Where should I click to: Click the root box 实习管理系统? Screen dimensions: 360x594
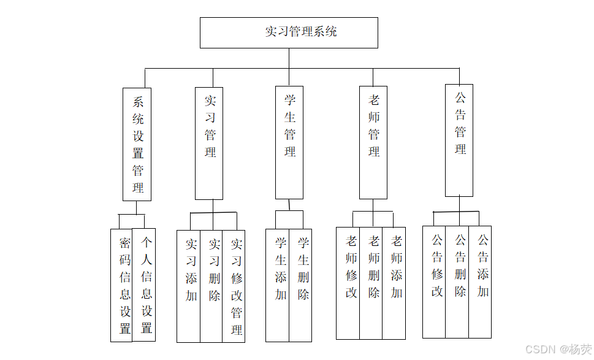click(x=289, y=33)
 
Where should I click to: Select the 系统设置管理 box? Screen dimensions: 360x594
click(x=137, y=145)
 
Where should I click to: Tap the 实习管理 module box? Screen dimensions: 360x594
click(x=209, y=144)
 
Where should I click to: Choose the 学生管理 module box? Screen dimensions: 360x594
click(x=289, y=142)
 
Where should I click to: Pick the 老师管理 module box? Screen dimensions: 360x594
click(x=373, y=142)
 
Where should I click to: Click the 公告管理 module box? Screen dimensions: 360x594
click(x=459, y=140)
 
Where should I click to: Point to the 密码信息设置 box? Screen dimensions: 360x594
click(x=121, y=285)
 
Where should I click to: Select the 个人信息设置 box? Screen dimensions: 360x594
click(x=144, y=285)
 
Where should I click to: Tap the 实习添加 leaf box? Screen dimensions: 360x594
click(x=188, y=286)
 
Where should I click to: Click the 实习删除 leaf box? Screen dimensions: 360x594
click(x=211, y=286)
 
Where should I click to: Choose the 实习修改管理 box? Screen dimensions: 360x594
click(x=234, y=286)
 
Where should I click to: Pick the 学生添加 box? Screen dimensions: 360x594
click(x=277, y=285)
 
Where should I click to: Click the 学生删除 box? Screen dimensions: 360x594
click(x=300, y=285)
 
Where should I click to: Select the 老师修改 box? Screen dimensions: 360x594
click(x=348, y=283)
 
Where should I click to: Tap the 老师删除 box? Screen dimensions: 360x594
click(x=371, y=283)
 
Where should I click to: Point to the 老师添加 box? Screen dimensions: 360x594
click(x=394, y=283)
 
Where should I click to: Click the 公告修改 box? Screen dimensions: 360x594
click(x=434, y=282)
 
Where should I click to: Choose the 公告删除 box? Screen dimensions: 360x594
click(x=457, y=282)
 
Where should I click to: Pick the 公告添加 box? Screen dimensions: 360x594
click(x=481, y=282)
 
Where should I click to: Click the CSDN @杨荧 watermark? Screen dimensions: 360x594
click(x=558, y=349)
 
